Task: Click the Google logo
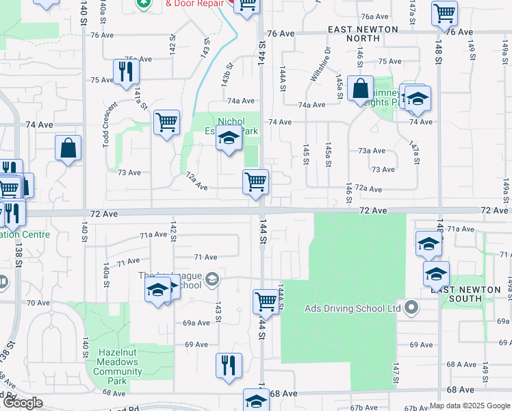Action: (x=23, y=403)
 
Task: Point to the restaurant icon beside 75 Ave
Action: (x=125, y=73)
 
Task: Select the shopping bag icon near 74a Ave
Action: (x=359, y=89)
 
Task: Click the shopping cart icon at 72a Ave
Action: (x=255, y=183)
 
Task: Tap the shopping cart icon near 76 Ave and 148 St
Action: (x=444, y=13)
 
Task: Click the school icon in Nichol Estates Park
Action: (x=229, y=140)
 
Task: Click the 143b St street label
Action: (x=227, y=75)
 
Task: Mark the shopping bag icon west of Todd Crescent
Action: (x=68, y=148)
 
